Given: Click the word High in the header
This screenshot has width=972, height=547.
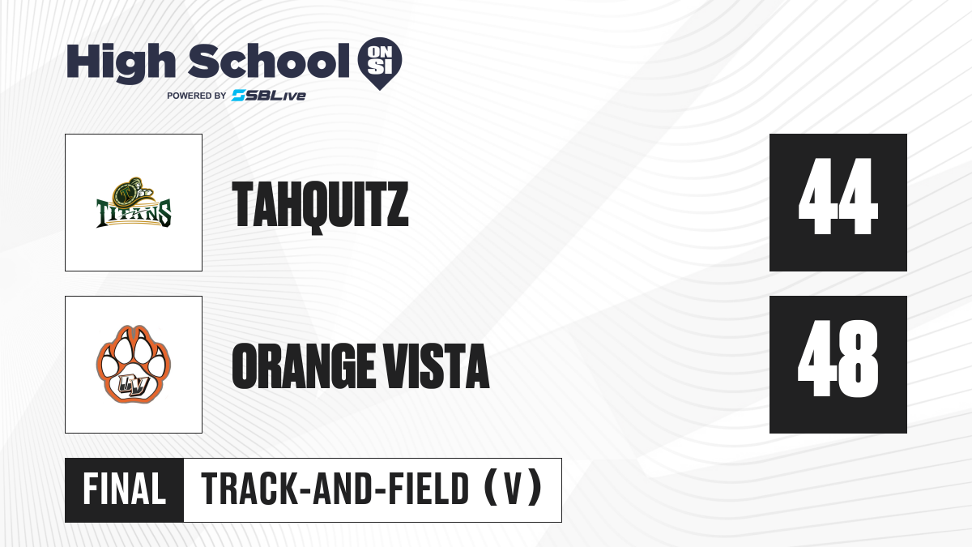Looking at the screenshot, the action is [x=121, y=63].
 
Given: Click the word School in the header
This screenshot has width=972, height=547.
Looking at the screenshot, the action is [x=269, y=61].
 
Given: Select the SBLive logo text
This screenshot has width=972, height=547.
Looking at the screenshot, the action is [x=269, y=95].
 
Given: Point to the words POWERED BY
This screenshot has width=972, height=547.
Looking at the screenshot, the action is [x=197, y=96].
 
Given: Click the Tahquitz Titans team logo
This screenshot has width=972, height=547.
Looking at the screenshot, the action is [x=134, y=203].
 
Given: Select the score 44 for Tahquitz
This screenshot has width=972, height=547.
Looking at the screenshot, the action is [x=838, y=196].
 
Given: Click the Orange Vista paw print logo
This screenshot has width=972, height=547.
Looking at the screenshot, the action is [x=134, y=364].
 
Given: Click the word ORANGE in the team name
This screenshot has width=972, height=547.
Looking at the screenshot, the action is [x=303, y=366].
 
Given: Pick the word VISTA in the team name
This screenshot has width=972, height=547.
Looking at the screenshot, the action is [x=437, y=366].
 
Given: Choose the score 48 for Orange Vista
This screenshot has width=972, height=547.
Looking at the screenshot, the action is [x=838, y=358].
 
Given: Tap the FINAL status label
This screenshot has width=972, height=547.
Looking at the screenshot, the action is [x=125, y=489].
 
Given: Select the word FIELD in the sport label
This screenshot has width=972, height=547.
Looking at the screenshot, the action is [x=428, y=489].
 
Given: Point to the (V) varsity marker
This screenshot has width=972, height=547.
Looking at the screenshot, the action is [x=513, y=489].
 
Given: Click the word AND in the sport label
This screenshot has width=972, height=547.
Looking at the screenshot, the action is [x=342, y=489].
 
